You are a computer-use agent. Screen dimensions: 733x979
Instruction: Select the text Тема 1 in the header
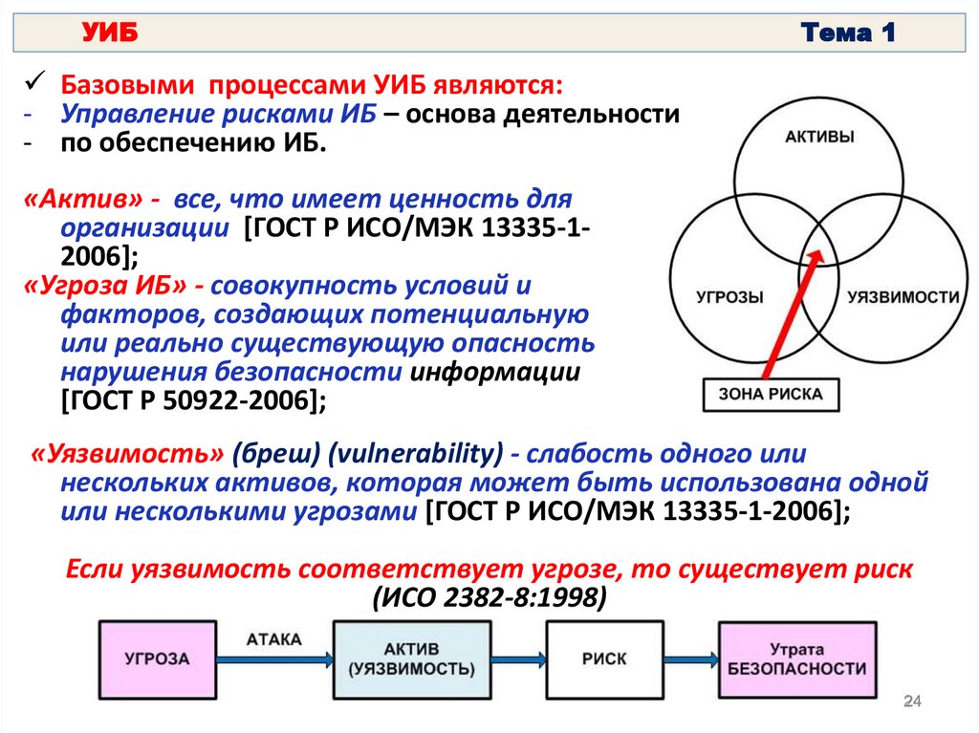coord(848,33)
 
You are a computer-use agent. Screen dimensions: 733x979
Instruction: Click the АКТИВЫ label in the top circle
coord(819,137)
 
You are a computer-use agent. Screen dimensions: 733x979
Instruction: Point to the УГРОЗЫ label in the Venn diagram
coord(730,297)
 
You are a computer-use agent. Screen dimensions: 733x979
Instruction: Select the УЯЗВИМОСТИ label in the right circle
coord(903,297)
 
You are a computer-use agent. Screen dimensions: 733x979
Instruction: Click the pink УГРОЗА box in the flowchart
coord(157,658)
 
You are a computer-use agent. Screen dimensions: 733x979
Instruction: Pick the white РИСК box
coord(603,658)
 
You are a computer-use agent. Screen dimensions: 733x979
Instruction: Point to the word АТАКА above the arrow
coord(273,637)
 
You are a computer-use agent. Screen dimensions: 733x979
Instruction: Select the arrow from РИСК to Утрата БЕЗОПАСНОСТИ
coord(690,659)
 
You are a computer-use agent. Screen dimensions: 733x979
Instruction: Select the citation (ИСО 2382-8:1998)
coord(489,597)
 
